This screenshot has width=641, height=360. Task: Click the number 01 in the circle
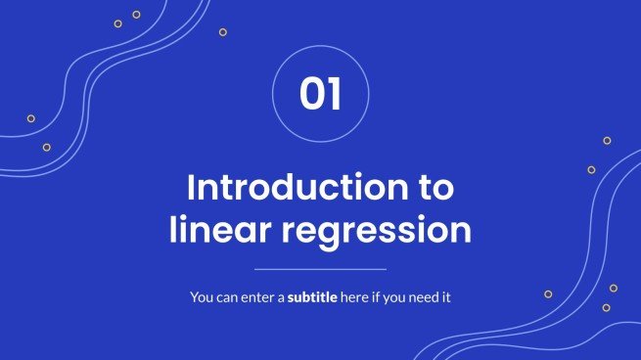320,95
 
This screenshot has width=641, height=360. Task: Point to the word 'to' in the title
435,187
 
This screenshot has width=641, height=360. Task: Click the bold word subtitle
311,295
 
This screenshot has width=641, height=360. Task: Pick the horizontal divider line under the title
320,268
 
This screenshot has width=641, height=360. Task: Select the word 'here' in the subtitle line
352,295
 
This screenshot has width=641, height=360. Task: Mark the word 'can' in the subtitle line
229,295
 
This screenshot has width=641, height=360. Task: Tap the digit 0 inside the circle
311,95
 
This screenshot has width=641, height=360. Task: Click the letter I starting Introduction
192,187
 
